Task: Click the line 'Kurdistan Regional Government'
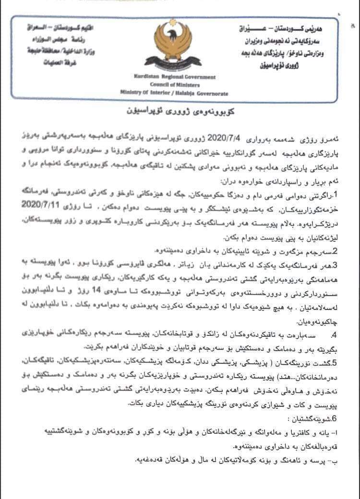pos(176,77)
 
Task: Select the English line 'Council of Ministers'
pos(176,85)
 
